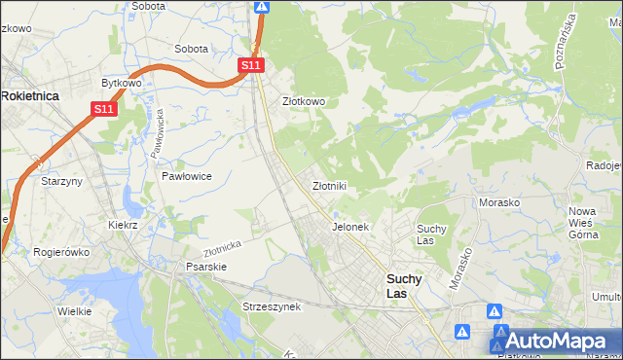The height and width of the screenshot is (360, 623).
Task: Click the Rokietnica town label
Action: tap(31, 96)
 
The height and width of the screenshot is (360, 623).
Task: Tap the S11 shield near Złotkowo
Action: tap(251, 65)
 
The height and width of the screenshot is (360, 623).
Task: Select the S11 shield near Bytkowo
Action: tap(105, 110)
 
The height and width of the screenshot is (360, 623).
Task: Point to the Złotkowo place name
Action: tap(303, 101)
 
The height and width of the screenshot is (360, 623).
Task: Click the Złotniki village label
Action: tap(329, 185)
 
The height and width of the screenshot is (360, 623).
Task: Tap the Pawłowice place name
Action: tap(187, 176)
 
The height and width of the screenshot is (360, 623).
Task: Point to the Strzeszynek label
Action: tap(273, 306)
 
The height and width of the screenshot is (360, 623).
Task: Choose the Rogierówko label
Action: tap(61, 252)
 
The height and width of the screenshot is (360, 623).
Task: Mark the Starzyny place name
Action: tap(58, 181)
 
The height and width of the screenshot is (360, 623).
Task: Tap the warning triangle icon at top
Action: tap(261, 7)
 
